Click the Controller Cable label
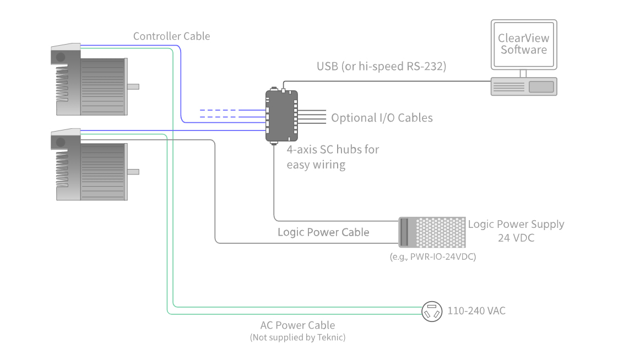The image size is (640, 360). tap(171, 36)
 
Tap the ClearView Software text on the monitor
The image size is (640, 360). tap(523, 44)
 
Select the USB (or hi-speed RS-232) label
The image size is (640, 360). tap(381, 67)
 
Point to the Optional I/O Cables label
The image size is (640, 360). tap(382, 118)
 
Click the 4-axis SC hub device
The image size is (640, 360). tap(281, 117)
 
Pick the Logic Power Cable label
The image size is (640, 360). tap(323, 232)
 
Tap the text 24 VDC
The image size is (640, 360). tap(516, 238)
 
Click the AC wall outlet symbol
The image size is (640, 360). tap(432, 312)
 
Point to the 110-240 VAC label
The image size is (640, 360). tap(476, 311)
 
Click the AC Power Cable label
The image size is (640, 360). tap(297, 325)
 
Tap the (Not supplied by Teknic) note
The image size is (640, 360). tap(297, 337)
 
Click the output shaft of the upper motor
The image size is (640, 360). tap(133, 86)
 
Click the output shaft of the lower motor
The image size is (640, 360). tap(133, 172)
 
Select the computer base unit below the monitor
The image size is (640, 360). tap(524, 86)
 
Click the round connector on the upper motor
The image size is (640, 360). tap(60, 57)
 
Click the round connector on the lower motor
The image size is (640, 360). tap(60, 143)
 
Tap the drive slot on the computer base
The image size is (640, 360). tap(541, 86)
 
